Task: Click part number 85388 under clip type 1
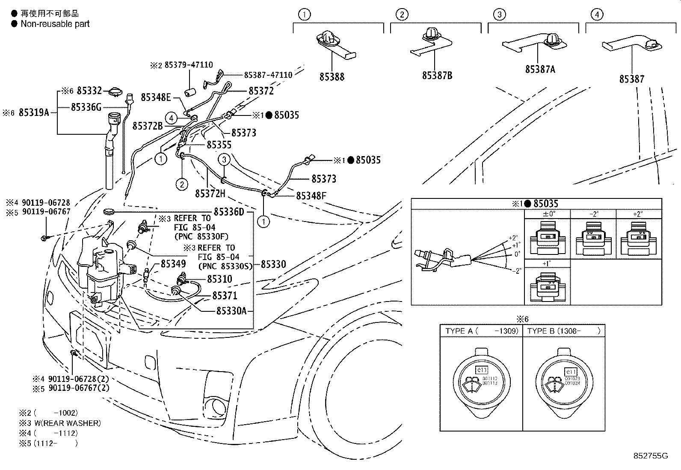[x=332, y=77]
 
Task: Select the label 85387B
[x=437, y=75]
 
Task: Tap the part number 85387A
[x=540, y=69]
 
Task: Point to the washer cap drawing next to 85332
[x=115, y=91]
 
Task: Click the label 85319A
[x=34, y=113]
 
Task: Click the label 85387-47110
[x=268, y=75]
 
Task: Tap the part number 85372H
[x=210, y=194]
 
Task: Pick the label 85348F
[x=311, y=196]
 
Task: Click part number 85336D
[x=228, y=212]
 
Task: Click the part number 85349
[x=173, y=264]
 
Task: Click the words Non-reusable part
[x=55, y=24]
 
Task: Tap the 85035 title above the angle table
[x=546, y=204]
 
